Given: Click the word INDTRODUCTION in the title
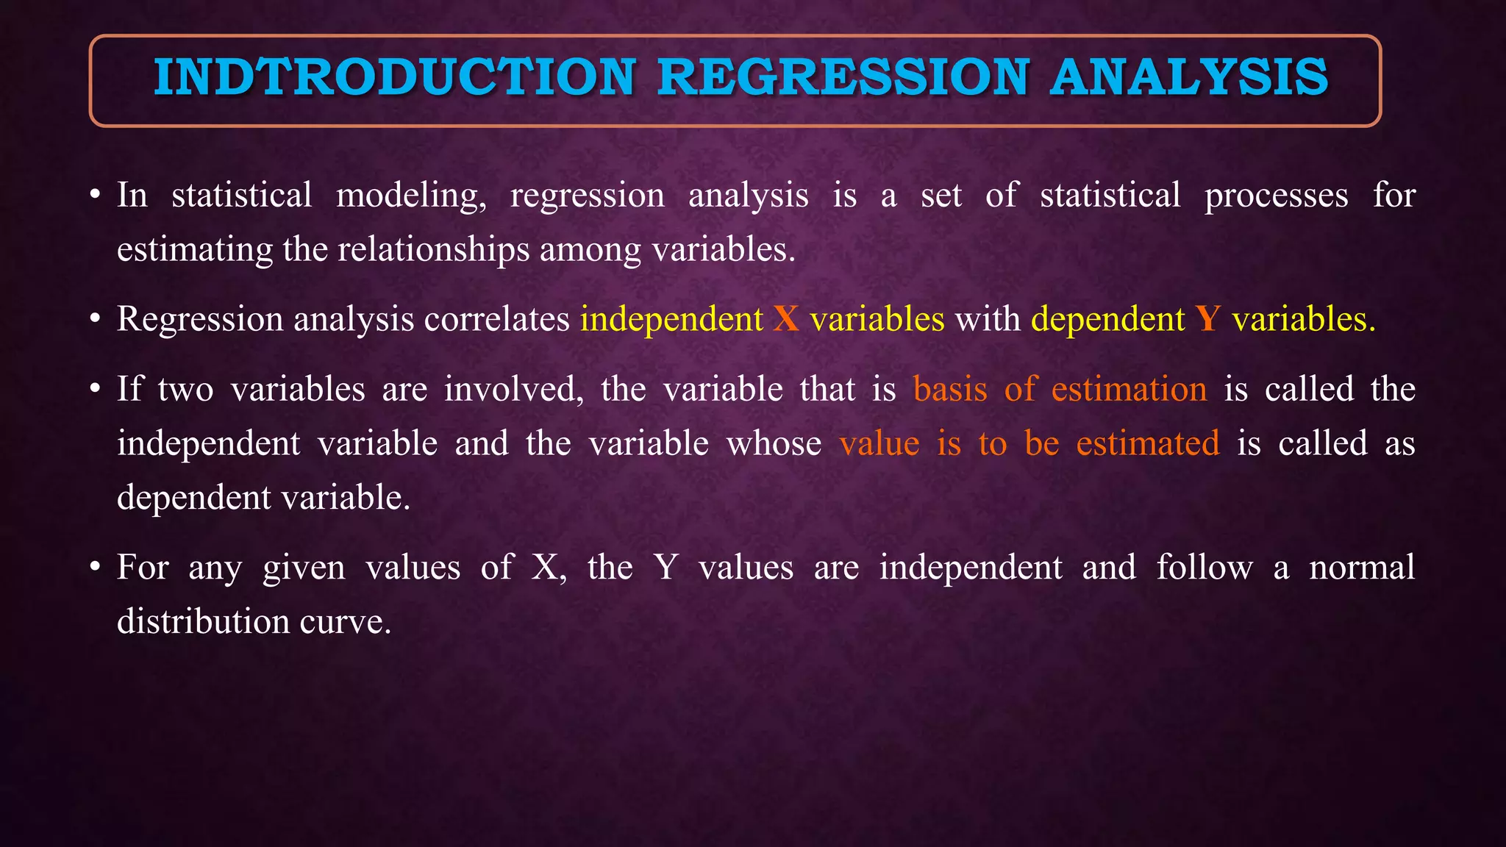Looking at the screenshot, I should (394, 77).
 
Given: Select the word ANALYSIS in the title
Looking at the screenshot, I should (1189, 77).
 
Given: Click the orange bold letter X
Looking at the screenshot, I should (786, 319).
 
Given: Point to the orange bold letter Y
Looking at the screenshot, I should (1208, 319).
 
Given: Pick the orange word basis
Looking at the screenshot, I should (950, 389).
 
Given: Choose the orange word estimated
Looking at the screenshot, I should (1147, 443).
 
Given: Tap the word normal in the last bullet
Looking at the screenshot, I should (1362, 568).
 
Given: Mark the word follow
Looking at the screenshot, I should (1204, 568).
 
